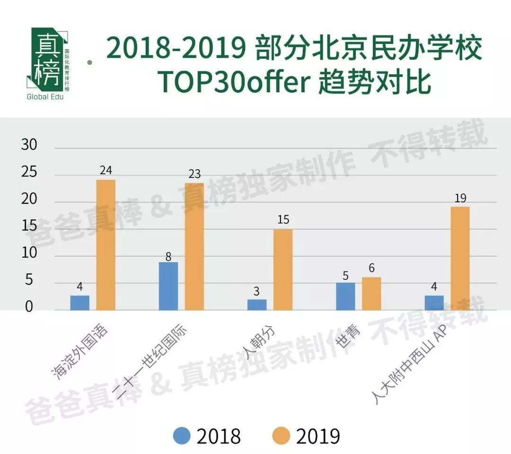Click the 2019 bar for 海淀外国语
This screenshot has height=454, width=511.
106,245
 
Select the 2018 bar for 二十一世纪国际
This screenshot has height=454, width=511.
168,286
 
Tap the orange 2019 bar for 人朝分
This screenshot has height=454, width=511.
283,269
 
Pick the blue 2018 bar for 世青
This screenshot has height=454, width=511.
345,296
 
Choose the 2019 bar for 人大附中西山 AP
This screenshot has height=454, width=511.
460,258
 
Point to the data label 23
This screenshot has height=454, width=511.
194,174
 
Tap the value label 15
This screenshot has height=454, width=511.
283,220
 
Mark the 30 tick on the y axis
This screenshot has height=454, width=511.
29,145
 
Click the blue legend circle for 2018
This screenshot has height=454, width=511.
181,436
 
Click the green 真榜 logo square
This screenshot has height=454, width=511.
47,59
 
